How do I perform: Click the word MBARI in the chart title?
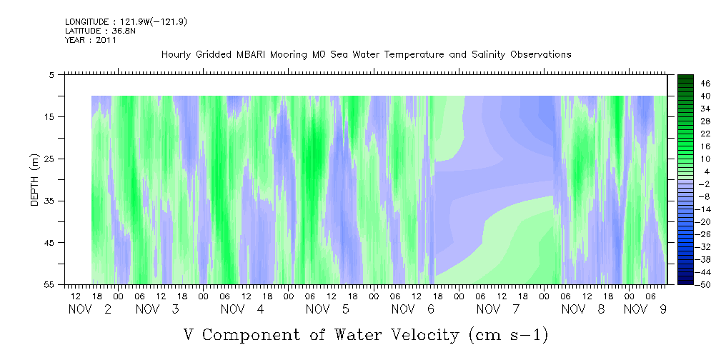click(252, 55)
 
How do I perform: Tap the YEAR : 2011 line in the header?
click(91, 40)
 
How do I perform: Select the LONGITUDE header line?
click(126, 21)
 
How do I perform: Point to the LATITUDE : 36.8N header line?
click(100, 31)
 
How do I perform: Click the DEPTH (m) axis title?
click(35, 180)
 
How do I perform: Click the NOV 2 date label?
click(90, 309)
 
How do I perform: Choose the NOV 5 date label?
click(327, 309)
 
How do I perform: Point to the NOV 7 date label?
click(498, 309)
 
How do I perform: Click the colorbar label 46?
click(705, 84)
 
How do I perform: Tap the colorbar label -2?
click(705, 184)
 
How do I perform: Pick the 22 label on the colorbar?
click(705, 134)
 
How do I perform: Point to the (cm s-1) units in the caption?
click(509, 335)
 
